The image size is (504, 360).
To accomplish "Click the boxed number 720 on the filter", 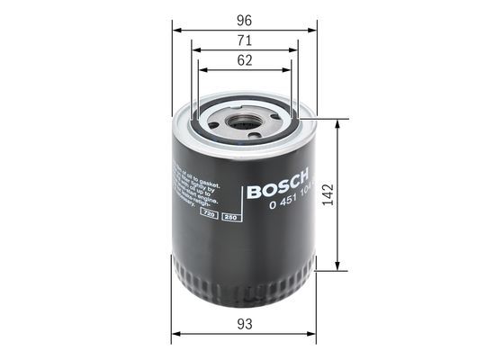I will click(x=211, y=218).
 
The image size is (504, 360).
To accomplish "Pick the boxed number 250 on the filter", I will click(x=229, y=218).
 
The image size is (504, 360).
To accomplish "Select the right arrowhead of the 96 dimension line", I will click(x=316, y=27).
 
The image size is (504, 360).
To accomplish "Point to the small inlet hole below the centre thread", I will click(x=255, y=135).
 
